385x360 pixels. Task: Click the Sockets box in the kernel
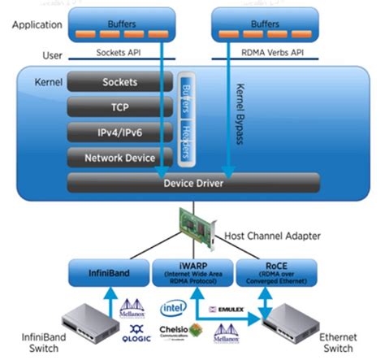point(119,83)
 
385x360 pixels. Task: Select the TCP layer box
point(119,106)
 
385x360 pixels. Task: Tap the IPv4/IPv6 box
point(119,132)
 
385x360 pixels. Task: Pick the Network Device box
point(119,157)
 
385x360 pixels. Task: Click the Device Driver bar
point(193,183)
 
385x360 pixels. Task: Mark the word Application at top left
point(37,24)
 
